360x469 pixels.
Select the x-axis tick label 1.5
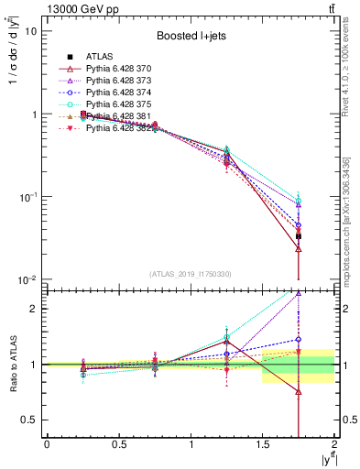263,445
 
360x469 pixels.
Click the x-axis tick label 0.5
118,445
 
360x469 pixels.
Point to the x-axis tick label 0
47,445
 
